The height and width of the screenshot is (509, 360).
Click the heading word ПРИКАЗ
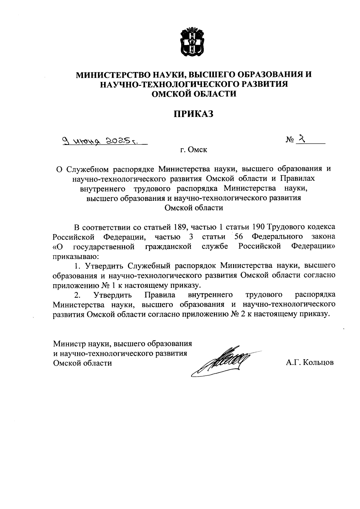click(x=193, y=114)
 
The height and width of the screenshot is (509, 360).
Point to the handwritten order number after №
click(x=303, y=139)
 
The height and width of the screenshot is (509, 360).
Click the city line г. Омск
click(x=193, y=149)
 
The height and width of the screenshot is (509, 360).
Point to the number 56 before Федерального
click(x=238, y=236)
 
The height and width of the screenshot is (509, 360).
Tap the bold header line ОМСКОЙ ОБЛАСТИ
click(x=193, y=94)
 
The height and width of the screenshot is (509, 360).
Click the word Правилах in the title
click(x=298, y=179)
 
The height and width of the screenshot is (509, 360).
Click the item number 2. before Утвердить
click(x=77, y=295)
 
